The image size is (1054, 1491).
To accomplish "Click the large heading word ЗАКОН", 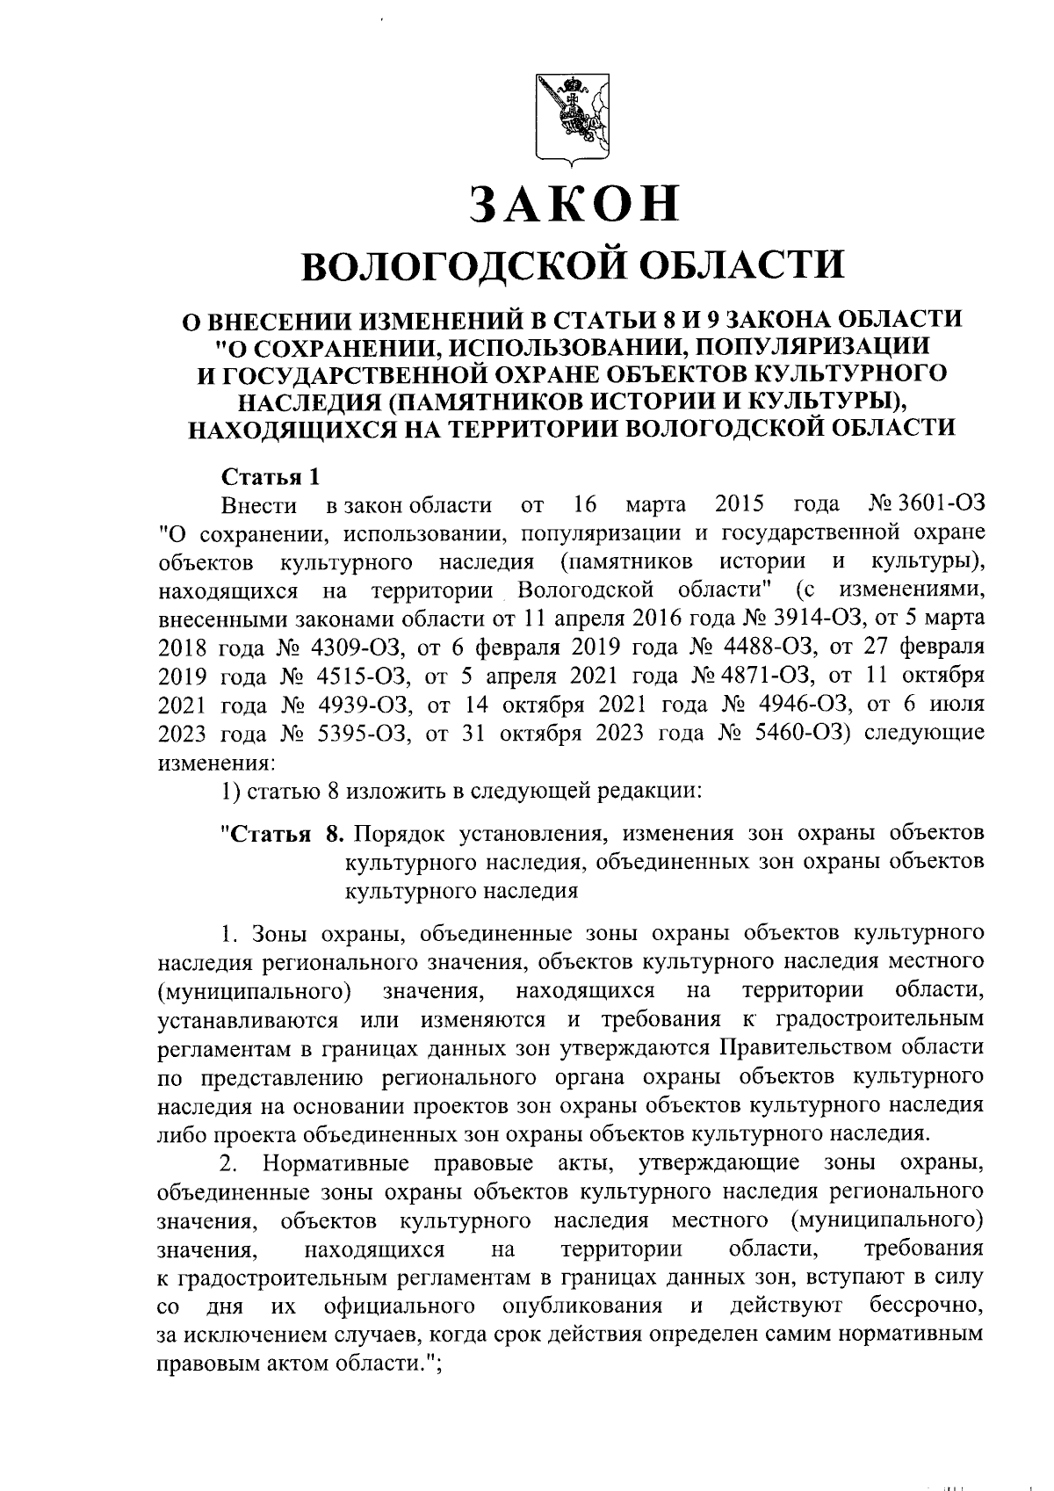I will click(x=575, y=204).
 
